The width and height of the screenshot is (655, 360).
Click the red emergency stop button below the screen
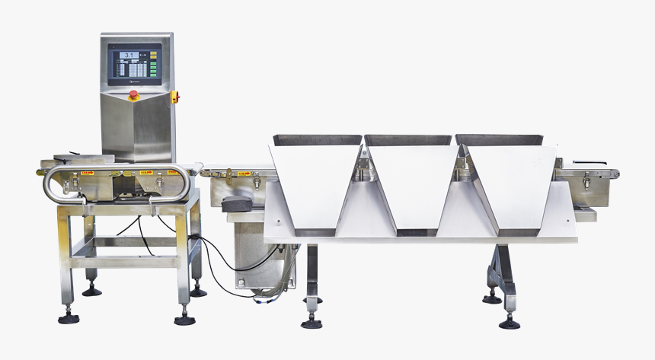point(134,95)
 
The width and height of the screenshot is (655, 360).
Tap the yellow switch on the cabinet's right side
point(174,97)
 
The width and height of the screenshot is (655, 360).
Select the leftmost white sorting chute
point(315,186)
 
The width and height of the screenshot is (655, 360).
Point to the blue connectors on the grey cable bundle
point(260,298)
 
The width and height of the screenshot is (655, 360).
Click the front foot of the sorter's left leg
point(311,323)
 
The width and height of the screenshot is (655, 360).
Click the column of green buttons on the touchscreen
point(152,65)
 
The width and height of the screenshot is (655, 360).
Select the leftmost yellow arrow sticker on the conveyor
point(87,173)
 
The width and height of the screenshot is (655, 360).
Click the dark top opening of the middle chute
point(407,140)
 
